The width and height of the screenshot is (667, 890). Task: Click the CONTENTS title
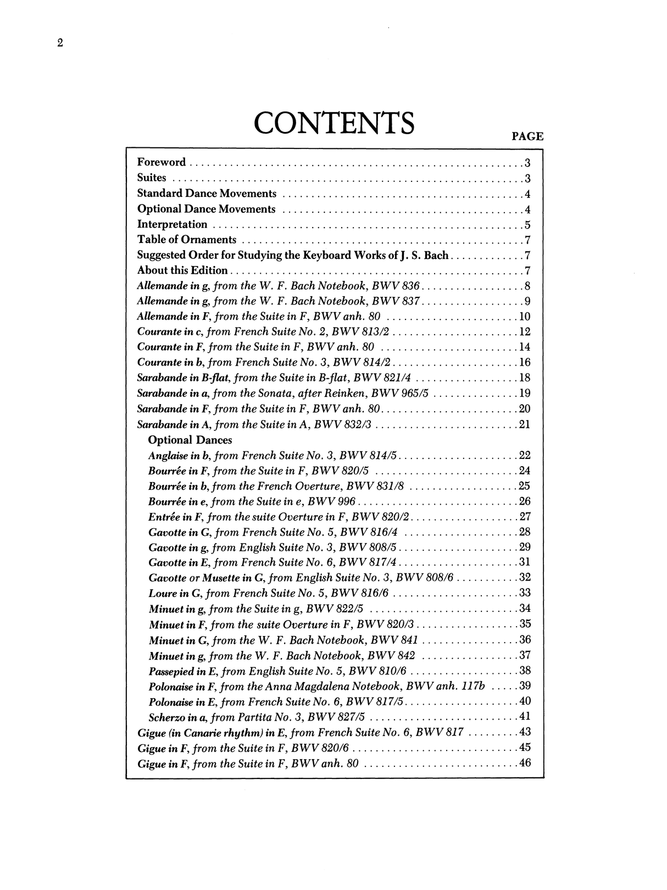333,123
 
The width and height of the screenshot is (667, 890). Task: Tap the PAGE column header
527,136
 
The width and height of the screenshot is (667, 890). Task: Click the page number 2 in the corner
60,43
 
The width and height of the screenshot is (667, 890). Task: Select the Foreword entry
162,162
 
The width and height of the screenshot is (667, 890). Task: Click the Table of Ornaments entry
187,240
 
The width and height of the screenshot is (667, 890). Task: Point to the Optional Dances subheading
190,440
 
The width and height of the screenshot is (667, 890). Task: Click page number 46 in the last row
524,762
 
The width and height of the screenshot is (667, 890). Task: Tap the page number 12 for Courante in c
524,332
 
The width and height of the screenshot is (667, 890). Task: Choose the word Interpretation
172,224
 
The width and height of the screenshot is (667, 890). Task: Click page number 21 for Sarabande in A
524,424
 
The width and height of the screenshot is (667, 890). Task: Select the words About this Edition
182,270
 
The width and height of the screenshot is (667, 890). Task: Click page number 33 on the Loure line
524,594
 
